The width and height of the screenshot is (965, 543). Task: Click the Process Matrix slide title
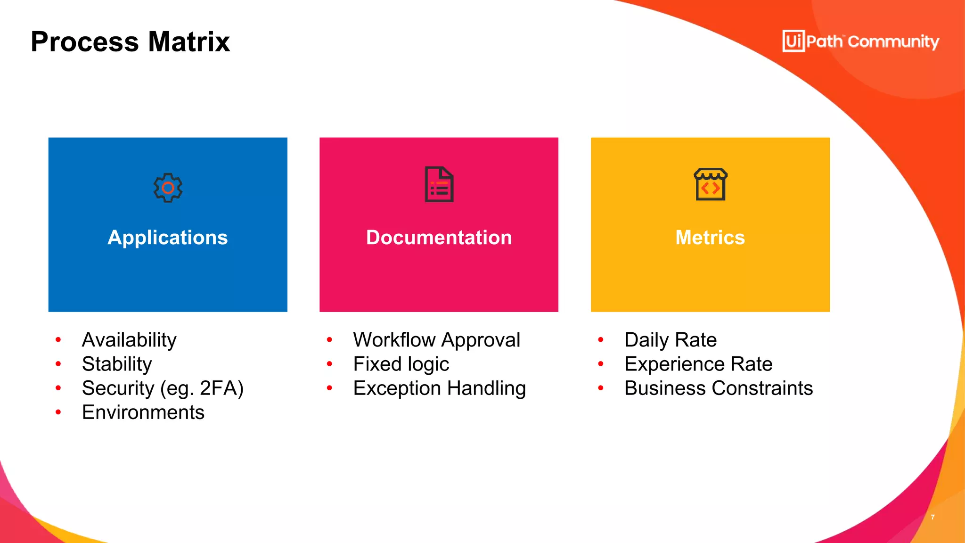(x=130, y=41)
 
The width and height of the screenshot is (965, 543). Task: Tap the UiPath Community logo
(x=860, y=41)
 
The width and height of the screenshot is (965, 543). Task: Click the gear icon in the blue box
(x=168, y=188)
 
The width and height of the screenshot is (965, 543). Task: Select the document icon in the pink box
(x=439, y=184)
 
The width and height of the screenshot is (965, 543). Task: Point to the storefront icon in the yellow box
(x=711, y=184)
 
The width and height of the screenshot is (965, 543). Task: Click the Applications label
(x=168, y=238)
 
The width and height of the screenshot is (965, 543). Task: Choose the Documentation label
(x=439, y=238)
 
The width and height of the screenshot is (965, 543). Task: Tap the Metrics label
(x=710, y=238)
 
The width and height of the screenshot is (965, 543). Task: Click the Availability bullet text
(x=129, y=340)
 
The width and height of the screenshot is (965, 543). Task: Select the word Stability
(x=117, y=364)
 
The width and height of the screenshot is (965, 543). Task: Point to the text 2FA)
(x=221, y=388)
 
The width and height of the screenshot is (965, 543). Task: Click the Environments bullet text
(x=143, y=412)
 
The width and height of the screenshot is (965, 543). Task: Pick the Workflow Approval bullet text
(x=437, y=340)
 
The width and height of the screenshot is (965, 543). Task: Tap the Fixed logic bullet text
(x=401, y=364)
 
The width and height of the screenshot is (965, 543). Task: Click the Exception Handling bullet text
(x=439, y=388)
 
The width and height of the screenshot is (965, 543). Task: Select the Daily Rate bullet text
(x=671, y=340)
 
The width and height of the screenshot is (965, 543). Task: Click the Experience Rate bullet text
(x=698, y=364)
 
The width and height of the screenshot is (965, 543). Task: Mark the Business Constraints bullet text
(x=719, y=388)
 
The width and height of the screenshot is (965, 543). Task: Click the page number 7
(x=932, y=517)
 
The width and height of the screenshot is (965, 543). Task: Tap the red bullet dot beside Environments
(x=58, y=412)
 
